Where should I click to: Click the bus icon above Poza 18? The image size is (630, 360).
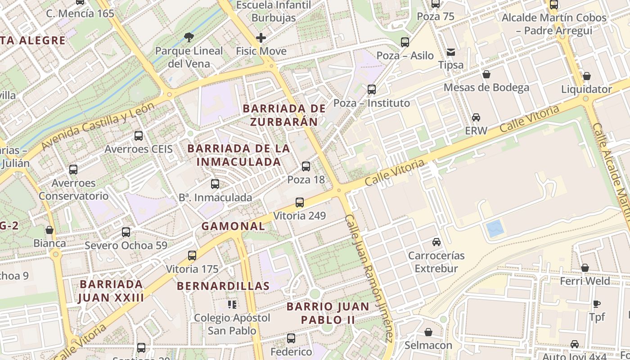tap(306, 166)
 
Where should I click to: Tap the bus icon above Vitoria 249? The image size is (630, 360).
tap(300, 202)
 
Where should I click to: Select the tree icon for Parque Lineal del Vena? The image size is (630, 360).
tap(189, 37)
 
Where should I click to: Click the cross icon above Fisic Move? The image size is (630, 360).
tap(261, 38)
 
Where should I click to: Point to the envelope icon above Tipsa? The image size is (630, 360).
tap(451, 52)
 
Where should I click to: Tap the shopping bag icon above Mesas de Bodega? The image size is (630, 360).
tap(486, 74)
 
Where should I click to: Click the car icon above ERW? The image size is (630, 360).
tap(476, 117)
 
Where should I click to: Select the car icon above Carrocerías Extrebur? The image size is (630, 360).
tap(436, 242)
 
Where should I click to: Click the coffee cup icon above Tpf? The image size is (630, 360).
tap(597, 304)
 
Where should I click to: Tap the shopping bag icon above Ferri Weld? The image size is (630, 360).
tap(585, 268)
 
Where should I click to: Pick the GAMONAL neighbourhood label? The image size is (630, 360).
tap(233, 226)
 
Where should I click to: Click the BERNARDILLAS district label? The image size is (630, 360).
tap(223, 286)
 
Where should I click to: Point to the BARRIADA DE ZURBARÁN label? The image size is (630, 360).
tap(283, 115)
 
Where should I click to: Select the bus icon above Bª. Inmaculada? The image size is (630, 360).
tap(215, 184)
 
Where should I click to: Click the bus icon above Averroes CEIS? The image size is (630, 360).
tap(139, 135)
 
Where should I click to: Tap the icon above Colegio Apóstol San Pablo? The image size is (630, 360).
tap(232, 305)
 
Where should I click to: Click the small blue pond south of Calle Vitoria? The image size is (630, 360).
tap(495, 229)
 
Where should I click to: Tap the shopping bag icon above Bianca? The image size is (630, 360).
tap(49, 230)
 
